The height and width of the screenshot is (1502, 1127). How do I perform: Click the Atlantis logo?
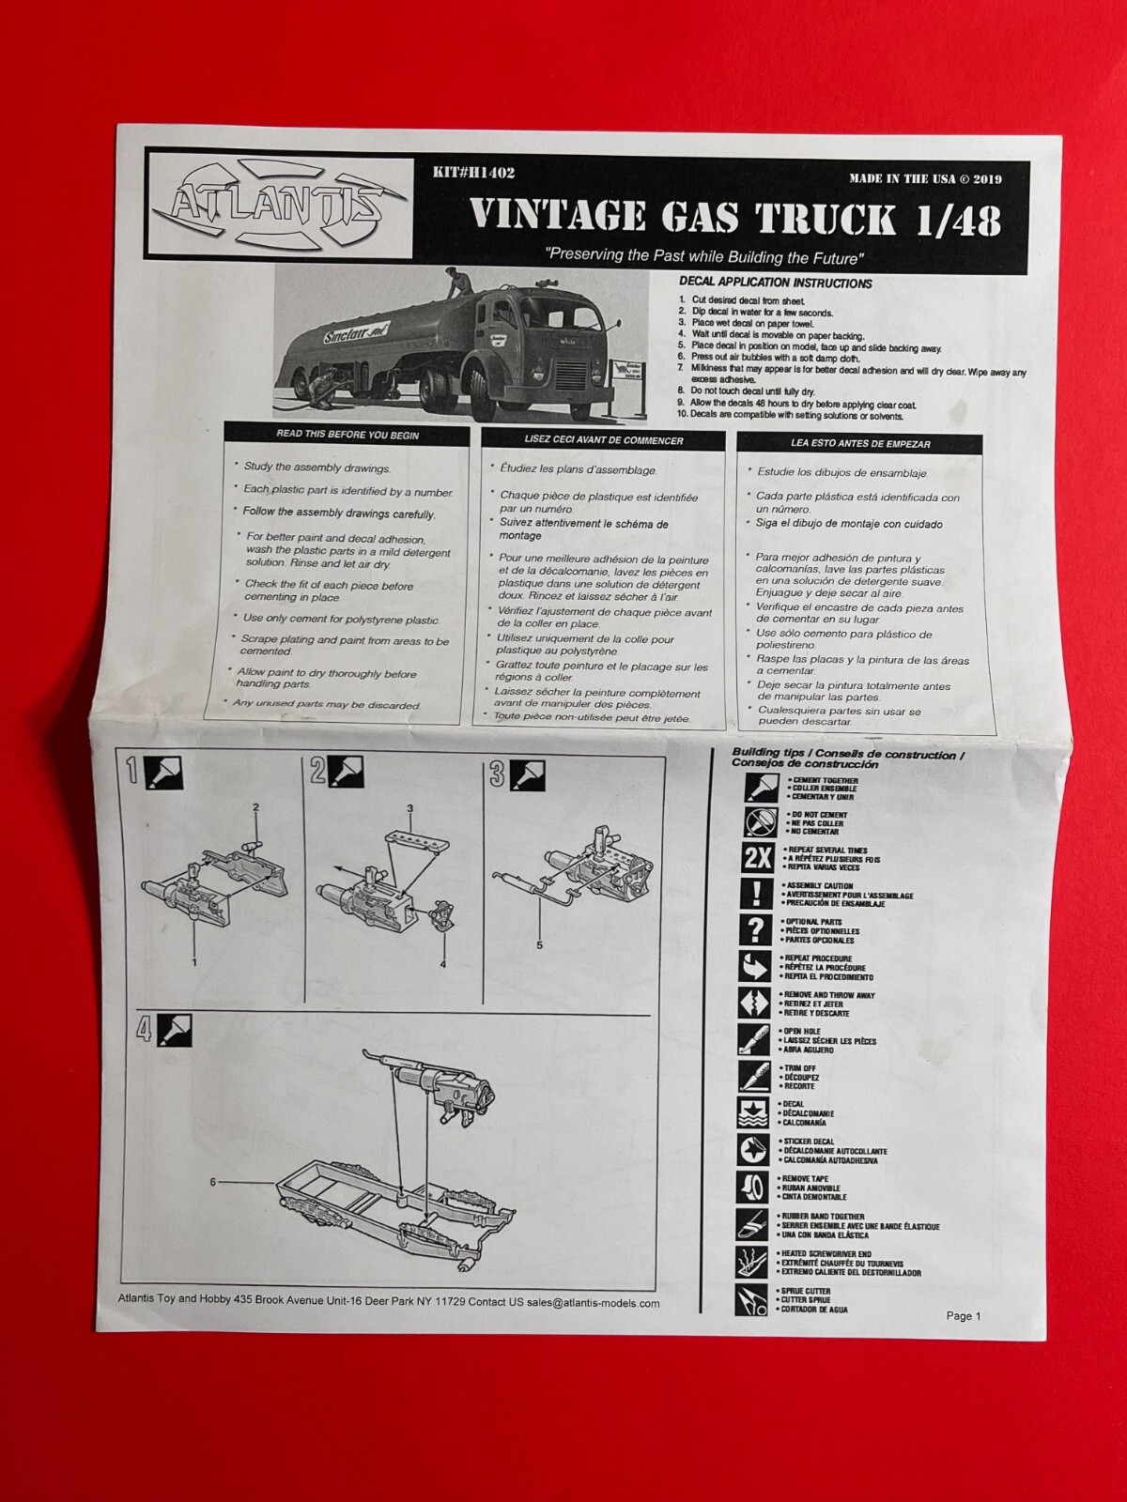tap(278, 203)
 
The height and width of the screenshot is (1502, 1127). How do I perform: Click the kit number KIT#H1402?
tap(474, 173)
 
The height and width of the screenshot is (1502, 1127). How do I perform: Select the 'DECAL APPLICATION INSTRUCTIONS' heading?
tap(775, 283)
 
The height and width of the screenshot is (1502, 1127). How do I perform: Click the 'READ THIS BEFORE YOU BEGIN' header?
tap(347, 436)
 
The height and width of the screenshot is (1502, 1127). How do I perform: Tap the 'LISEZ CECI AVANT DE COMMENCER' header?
tap(604, 439)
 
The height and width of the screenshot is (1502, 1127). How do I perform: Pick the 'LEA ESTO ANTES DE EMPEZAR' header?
tap(862, 443)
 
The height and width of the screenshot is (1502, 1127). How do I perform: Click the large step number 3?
tap(498, 774)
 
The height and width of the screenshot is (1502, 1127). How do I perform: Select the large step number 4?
tap(143, 1031)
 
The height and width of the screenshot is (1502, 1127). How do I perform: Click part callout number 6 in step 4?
tap(213, 1182)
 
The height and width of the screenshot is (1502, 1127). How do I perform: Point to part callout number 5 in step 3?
tap(539, 944)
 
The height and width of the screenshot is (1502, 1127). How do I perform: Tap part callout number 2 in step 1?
tap(255, 807)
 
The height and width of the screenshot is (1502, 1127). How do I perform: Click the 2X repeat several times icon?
tap(757, 857)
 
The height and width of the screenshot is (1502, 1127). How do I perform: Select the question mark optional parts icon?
tap(756, 929)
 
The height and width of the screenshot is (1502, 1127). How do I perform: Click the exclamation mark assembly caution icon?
tap(756, 894)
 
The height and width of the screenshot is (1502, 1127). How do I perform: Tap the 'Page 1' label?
tap(963, 1315)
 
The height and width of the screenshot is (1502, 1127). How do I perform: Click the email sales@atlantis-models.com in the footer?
tap(593, 1303)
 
